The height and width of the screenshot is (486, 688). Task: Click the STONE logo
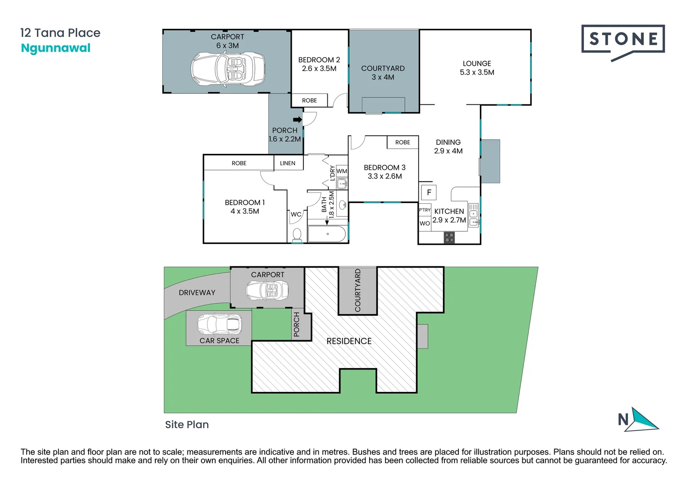coord(623,40)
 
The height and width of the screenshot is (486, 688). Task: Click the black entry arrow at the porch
coord(297,120)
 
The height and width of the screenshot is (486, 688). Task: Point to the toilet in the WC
coord(297,234)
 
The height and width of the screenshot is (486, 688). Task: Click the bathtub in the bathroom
coord(327,234)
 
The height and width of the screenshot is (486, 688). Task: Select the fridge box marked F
coord(429,193)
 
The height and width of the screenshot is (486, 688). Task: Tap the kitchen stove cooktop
coord(449,238)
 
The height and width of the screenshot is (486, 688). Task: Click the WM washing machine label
coord(342,171)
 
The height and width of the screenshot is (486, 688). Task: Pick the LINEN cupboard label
coord(288,163)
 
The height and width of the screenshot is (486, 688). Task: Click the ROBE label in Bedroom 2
coord(309,100)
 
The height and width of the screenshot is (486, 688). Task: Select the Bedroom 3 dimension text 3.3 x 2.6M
coord(385,176)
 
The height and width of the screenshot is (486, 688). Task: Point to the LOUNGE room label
coord(477,63)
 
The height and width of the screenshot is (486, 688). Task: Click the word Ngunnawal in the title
coord(56,48)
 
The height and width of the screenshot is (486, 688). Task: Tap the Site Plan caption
coord(187,424)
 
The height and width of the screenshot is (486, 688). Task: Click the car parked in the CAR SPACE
coord(220,324)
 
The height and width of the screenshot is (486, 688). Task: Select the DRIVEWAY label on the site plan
coord(197,292)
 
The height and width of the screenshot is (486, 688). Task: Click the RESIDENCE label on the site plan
coord(349,341)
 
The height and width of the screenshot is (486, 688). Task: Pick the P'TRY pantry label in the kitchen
coord(425,210)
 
